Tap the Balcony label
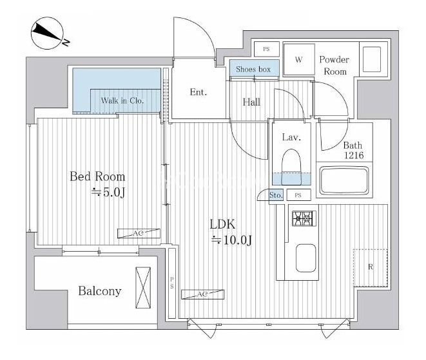[100, 291]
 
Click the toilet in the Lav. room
[291, 167]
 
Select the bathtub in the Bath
[344, 180]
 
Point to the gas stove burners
[304, 218]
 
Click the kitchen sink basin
[305, 258]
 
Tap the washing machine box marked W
[299, 59]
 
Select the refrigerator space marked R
[371, 268]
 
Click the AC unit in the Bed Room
[139, 234]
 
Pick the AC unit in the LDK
[202, 294]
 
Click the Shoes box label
[253, 70]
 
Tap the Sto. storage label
[276, 195]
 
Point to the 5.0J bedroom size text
[108, 193]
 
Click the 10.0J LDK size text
[232, 240]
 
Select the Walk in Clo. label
[122, 100]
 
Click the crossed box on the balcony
[143, 288]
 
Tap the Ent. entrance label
[198, 92]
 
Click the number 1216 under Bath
[354, 155]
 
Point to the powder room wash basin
[372, 59]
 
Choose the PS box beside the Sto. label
[298, 195]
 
